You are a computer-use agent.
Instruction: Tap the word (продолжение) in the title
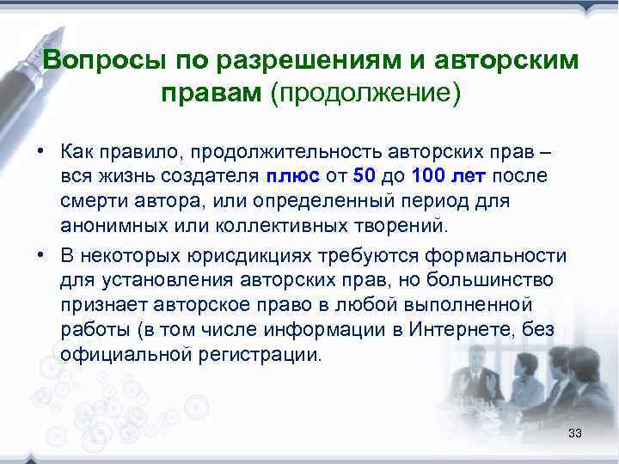pyautogui.click(x=365, y=92)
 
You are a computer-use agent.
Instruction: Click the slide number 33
pyautogui.click(x=575, y=433)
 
